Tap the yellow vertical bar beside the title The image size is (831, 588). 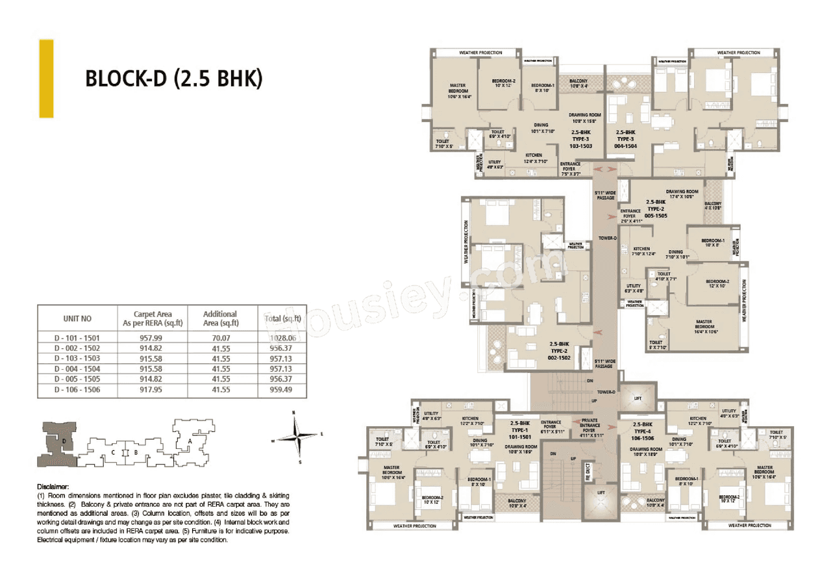tap(46, 79)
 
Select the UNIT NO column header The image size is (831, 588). tap(77, 318)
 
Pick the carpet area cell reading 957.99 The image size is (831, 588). tap(151, 338)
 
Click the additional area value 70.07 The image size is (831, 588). tap(222, 338)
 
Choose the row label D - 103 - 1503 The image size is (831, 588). tap(77, 359)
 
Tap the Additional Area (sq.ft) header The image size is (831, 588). tap(222, 318)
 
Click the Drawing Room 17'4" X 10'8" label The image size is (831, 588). tap(681, 194)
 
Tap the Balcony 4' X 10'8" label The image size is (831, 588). tap(713, 206)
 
